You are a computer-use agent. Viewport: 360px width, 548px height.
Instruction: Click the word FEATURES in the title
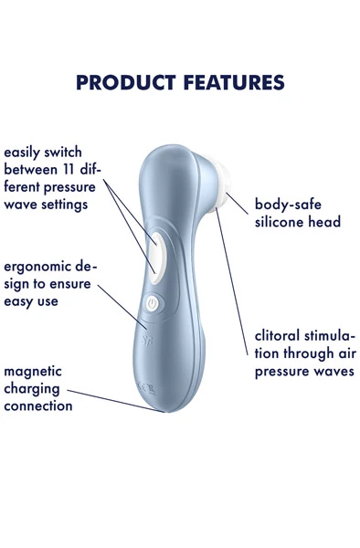232,82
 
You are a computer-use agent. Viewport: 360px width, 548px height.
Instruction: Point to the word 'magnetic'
33,372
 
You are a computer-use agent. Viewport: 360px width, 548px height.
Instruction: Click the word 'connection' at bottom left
38,405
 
